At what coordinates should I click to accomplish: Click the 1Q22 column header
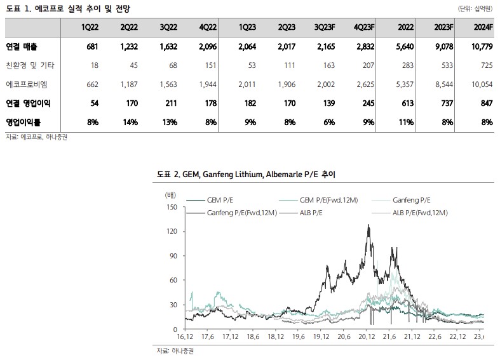pos(88,28)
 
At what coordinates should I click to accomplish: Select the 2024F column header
pos(482,28)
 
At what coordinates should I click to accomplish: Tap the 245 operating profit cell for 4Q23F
pos(365,102)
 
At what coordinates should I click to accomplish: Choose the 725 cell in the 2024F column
pos(485,65)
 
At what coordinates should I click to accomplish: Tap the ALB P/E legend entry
pos(311,213)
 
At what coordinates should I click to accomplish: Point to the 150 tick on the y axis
pos(170,207)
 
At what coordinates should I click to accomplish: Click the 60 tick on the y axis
pos(172,281)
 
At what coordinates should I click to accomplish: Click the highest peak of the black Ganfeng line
pos(368,225)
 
